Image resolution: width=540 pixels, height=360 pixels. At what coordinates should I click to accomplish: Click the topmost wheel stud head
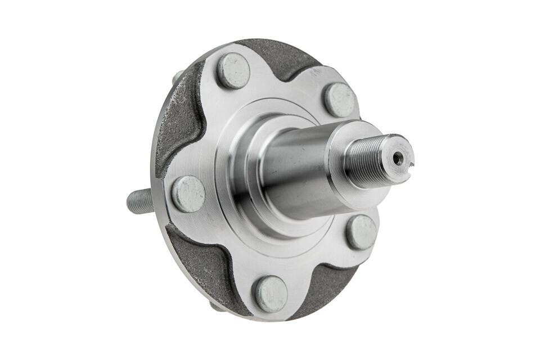click(x=233, y=70)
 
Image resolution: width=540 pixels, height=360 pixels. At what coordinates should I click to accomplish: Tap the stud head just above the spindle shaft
click(x=340, y=100)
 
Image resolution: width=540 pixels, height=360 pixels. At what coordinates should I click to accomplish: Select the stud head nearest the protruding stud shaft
click(x=188, y=193)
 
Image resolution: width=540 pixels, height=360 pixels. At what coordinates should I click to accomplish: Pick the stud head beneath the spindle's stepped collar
click(x=361, y=232)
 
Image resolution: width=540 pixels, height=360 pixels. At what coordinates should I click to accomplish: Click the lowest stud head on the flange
click(x=271, y=294)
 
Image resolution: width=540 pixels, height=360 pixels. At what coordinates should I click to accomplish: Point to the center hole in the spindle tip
click(x=398, y=159)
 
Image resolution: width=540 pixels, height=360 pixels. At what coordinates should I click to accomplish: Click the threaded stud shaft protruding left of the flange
click(x=139, y=201)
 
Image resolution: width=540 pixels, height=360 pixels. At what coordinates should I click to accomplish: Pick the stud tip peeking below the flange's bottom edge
click(x=217, y=307)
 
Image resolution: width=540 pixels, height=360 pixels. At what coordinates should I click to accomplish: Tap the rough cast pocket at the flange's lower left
click(x=202, y=264)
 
